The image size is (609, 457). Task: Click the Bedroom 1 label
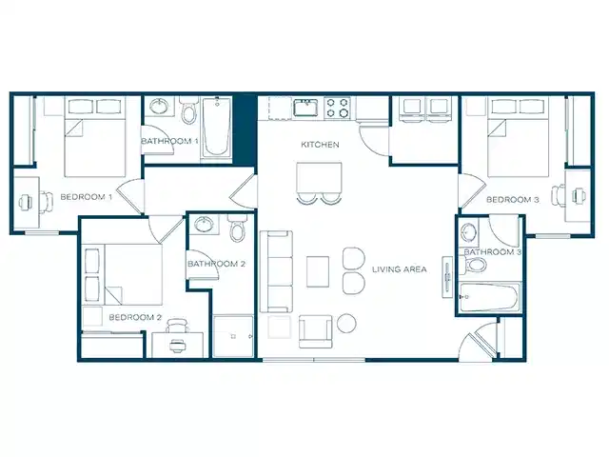(87, 197)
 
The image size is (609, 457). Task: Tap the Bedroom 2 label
(135, 317)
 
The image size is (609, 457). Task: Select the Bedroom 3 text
(513, 200)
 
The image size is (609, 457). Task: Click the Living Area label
(400, 269)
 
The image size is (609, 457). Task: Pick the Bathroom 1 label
(169, 142)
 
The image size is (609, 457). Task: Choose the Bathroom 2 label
(217, 264)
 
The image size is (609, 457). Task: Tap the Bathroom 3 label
(493, 252)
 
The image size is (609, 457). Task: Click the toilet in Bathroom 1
(188, 114)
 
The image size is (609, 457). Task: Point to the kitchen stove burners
(338, 108)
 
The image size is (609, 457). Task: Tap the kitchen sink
(304, 107)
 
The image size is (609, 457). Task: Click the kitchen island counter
(319, 177)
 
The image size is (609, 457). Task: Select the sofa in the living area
(277, 271)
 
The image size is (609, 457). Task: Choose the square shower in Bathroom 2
(235, 334)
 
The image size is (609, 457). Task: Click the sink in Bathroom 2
(203, 225)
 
